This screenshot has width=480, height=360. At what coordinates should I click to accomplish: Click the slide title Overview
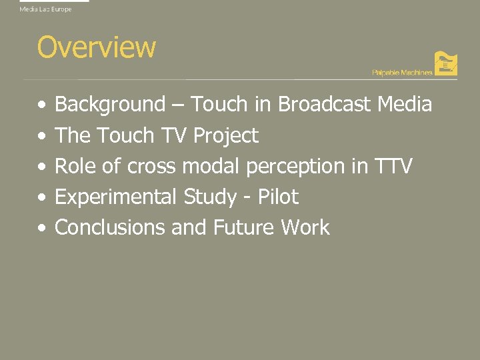[x=97, y=47]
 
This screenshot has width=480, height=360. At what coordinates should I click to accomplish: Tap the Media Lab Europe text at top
[x=45, y=9]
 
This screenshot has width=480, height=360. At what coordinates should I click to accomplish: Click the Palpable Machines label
[x=401, y=72]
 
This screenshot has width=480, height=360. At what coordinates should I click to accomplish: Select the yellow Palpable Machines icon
[x=445, y=64]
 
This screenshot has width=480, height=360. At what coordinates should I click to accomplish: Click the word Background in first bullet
[x=110, y=105]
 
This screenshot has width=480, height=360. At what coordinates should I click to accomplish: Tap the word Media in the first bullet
[x=405, y=105]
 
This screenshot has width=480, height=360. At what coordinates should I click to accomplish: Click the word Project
[x=225, y=136]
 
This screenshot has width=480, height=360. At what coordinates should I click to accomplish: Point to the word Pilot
[x=277, y=197]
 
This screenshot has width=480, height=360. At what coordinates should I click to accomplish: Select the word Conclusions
[x=110, y=228]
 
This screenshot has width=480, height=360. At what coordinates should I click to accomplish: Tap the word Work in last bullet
[x=305, y=228]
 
